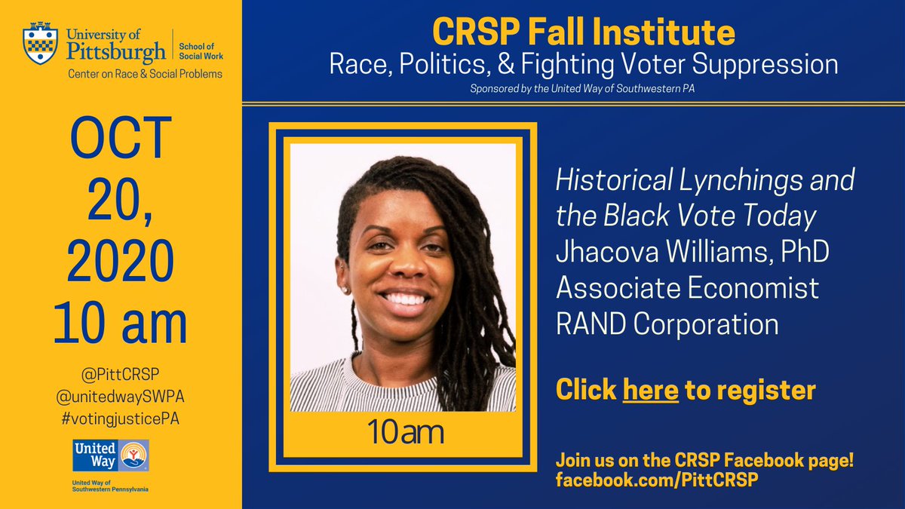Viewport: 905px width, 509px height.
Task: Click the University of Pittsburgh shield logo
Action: click(x=39, y=44)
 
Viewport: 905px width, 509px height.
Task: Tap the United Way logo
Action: click(x=111, y=457)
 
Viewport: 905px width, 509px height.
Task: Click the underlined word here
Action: click(x=650, y=390)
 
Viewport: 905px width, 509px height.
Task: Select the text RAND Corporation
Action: click(x=667, y=324)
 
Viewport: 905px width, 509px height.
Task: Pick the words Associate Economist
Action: click(x=687, y=288)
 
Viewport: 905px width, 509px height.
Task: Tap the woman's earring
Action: click(x=345, y=289)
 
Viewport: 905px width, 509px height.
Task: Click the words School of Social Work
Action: click(x=200, y=51)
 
